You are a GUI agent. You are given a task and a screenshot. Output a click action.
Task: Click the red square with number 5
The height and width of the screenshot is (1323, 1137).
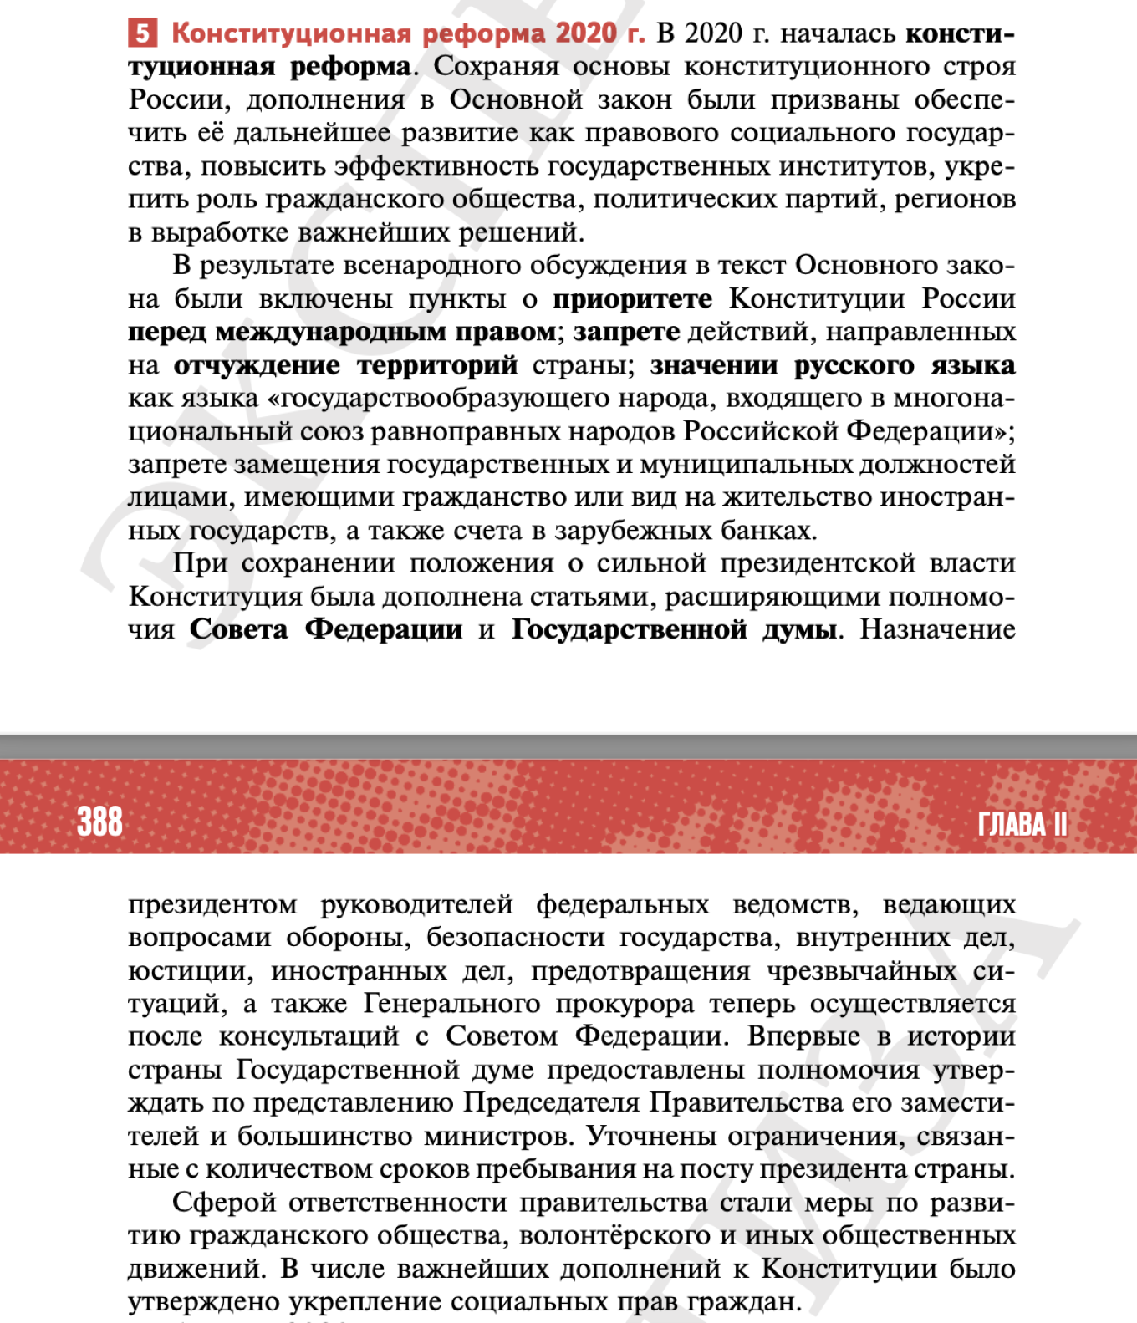tap(142, 33)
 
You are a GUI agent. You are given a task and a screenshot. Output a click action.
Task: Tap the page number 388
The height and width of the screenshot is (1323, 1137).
tap(99, 822)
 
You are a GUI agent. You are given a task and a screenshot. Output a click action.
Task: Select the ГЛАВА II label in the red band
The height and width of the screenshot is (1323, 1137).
tap(1022, 824)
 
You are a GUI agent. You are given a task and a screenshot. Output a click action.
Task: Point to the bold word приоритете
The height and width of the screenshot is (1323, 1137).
tap(633, 298)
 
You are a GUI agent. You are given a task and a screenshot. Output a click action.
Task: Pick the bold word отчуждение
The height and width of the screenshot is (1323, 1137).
tap(257, 365)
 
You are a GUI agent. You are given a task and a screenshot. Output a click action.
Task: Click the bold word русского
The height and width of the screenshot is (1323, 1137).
tap(854, 365)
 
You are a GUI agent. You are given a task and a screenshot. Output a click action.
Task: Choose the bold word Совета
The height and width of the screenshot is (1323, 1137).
tap(238, 629)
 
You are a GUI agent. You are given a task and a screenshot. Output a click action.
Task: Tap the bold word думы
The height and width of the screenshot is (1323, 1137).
tap(799, 629)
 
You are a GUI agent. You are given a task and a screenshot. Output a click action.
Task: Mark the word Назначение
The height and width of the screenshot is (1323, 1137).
tap(938, 629)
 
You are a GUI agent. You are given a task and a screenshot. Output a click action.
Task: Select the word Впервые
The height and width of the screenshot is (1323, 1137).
tap(803, 1036)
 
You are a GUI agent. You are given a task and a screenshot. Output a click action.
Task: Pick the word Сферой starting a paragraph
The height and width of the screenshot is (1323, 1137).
tap(224, 1203)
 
